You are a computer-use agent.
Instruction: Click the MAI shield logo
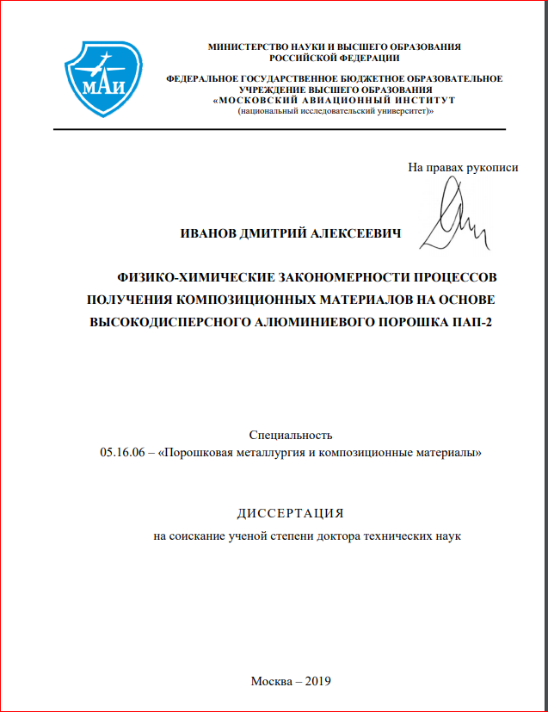(102, 77)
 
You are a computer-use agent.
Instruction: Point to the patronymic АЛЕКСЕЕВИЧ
(360, 233)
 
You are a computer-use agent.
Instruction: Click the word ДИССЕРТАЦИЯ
(290, 513)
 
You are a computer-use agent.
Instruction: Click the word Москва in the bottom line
(271, 680)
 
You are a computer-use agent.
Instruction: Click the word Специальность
(290, 435)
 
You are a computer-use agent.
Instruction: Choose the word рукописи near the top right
(492, 167)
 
